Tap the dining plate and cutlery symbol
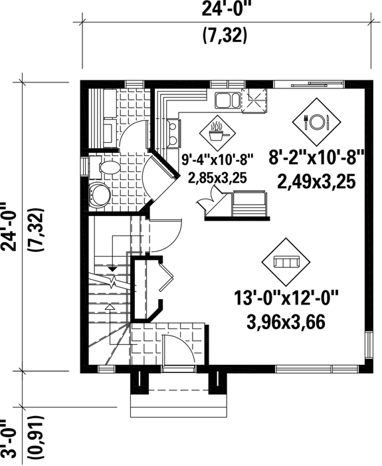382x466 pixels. pos(316,122)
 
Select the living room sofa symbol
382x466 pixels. pos(286,261)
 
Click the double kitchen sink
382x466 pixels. pos(227,101)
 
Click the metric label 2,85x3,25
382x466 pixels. pos(217,177)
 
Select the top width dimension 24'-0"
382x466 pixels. pos(224,10)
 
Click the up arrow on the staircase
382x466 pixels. pos(108,306)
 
